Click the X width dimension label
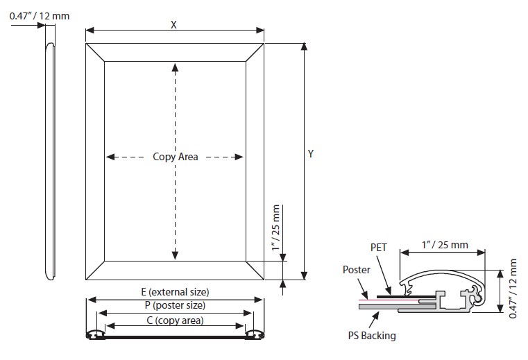pos(173,24)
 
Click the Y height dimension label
pos(311,153)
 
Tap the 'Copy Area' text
pos(175,157)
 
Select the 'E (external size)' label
pos(175,291)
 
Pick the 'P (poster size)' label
pos(175,305)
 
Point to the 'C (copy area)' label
pos(175,320)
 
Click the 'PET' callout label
pos(379,248)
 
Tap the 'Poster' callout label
pos(356,269)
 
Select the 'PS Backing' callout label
pos(372,336)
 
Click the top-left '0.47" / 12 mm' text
pos(40,16)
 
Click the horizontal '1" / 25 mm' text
pos(445,245)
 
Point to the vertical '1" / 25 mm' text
pos(275,228)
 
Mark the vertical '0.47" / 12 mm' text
pos(513,289)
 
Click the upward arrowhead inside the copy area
pos(175,67)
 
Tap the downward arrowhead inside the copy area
pos(175,255)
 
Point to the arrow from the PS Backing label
pos(374,320)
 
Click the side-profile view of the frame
pos(50,162)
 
